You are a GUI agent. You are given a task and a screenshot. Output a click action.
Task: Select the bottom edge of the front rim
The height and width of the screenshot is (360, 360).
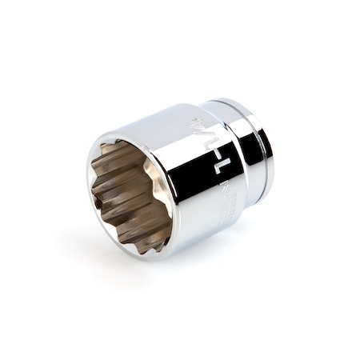click(144, 251)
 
